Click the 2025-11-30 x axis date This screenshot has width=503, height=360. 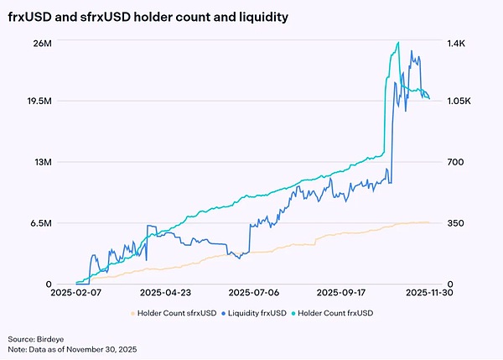click(429, 294)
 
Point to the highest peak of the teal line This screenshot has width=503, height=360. click(398, 42)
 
